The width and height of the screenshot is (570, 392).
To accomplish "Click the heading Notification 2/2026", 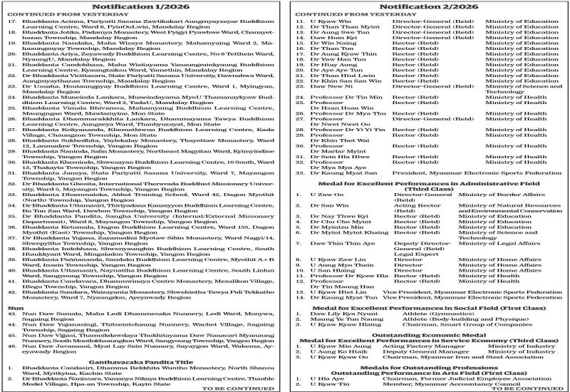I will coord(427,6).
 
